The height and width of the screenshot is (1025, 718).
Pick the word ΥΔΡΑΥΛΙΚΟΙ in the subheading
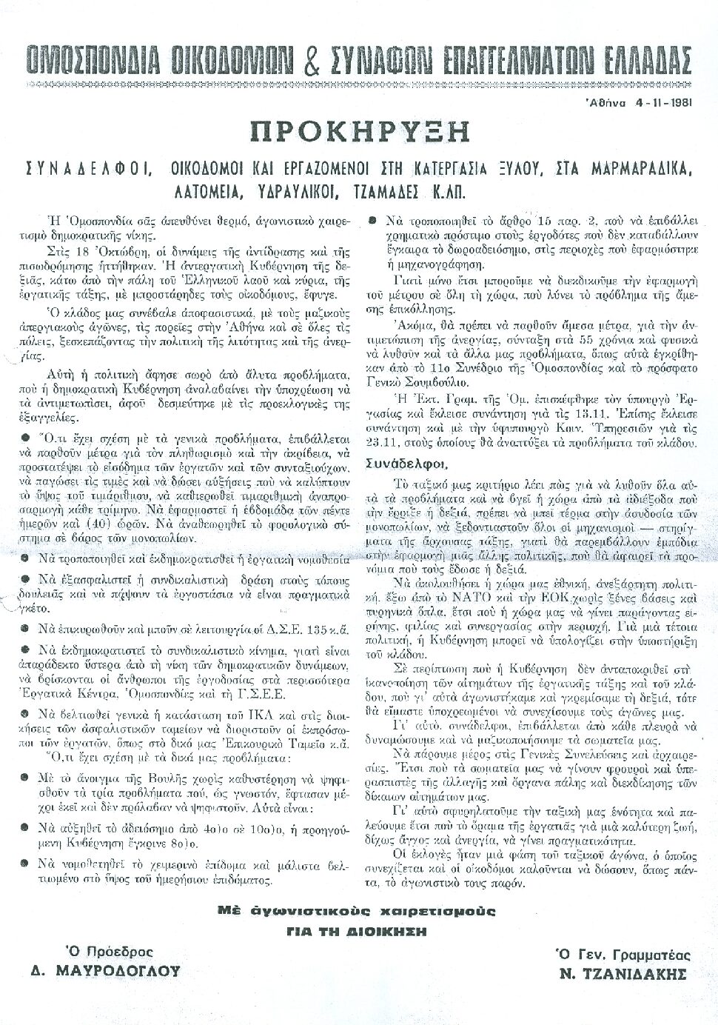click(x=286, y=192)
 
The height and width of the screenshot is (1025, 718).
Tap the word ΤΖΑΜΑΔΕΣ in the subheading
click(x=396, y=192)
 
